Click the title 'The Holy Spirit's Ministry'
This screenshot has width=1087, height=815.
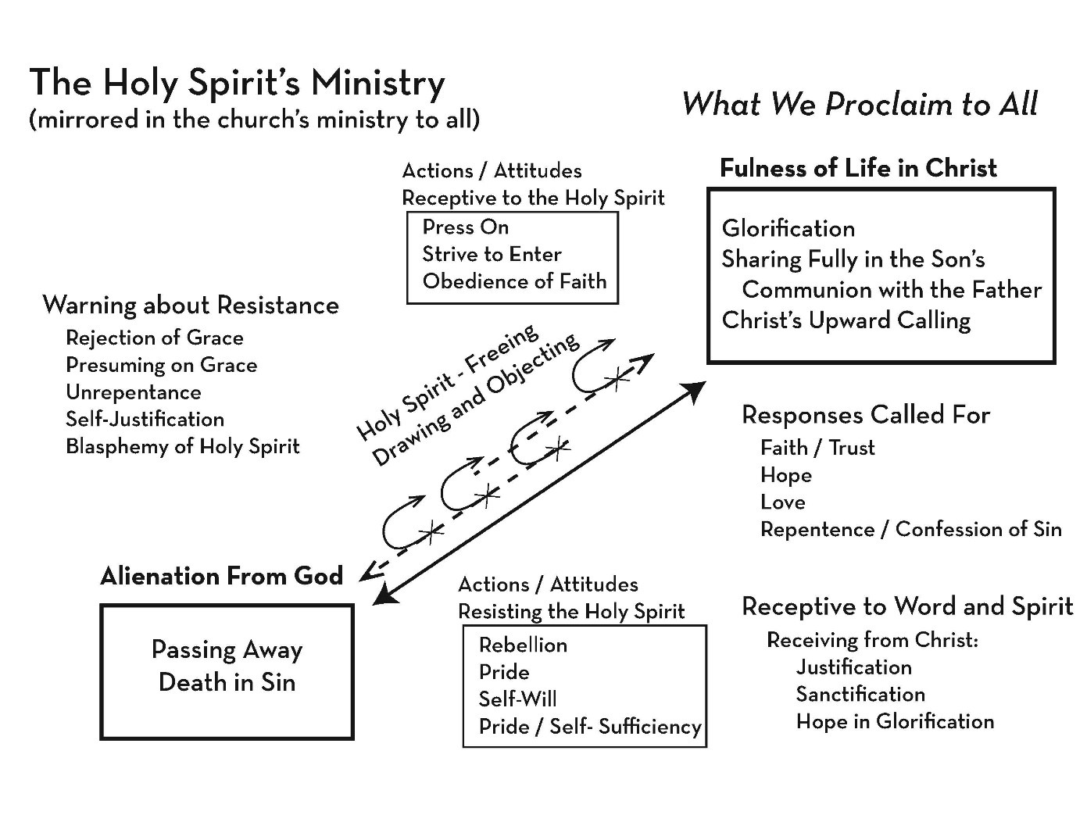tap(237, 83)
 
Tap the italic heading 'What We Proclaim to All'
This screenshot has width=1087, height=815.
tap(860, 104)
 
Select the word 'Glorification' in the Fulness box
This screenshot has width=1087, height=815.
tap(788, 228)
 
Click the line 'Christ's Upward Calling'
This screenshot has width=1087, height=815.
tap(846, 320)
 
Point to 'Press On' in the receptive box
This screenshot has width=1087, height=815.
tap(465, 227)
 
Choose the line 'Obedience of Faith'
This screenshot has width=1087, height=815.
tap(514, 281)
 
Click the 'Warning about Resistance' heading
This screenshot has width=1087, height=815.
tap(191, 305)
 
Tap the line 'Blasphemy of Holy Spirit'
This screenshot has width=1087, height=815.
tap(182, 446)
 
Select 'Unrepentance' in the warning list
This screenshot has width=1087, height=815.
tap(133, 392)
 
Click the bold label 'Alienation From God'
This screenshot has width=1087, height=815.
tap(221, 576)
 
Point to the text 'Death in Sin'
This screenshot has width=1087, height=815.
tap(227, 682)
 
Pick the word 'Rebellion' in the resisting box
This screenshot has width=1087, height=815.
tap(522, 645)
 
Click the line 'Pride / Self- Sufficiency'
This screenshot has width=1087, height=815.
tap(589, 727)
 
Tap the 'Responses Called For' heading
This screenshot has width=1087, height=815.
tap(865, 415)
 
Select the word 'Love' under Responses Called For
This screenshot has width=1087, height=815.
tap(782, 502)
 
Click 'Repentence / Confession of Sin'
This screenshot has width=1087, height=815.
tap(910, 530)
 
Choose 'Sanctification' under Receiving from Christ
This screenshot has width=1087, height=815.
tap(860, 695)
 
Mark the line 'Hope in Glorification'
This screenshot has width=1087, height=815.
tap(895, 721)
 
